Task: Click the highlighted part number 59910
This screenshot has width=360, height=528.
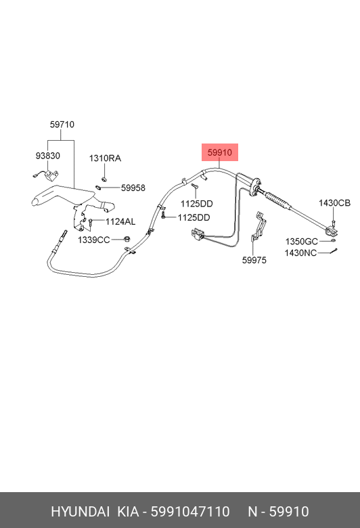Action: click(219, 152)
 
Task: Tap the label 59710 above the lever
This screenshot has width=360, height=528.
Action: click(62, 125)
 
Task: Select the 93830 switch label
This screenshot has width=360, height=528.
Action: click(48, 156)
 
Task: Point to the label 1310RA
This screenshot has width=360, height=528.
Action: click(105, 158)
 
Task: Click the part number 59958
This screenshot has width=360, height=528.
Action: click(133, 188)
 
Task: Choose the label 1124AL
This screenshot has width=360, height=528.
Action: click(120, 221)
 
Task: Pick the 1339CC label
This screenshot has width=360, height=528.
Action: click(94, 240)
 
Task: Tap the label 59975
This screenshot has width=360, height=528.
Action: click(254, 261)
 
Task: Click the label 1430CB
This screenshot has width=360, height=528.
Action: click(335, 203)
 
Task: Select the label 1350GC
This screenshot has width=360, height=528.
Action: click(301, 242)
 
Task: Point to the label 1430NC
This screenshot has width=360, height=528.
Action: click(300, 253)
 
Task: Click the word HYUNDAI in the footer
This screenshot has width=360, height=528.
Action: click(80, 512)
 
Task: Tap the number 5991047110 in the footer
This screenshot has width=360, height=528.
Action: click(190, 512)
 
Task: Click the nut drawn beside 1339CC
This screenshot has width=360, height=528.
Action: click(127, 240)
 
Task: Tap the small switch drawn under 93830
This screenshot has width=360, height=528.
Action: click(46, 175)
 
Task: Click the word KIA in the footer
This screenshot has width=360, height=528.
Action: click(128, 512)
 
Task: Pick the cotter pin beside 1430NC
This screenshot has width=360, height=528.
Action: click(334, 251)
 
